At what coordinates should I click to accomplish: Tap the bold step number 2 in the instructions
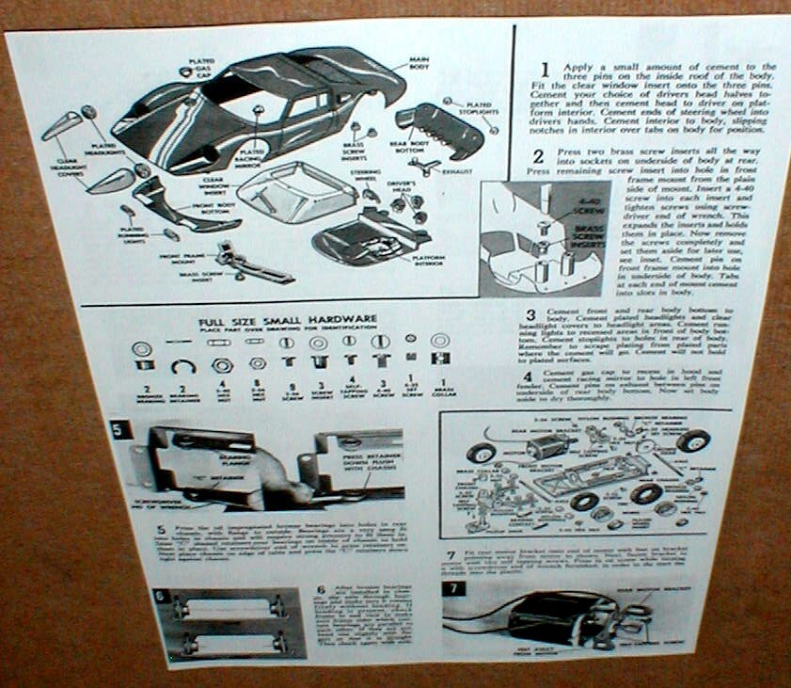click(x=538, y=156)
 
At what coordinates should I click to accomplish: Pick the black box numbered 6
click(x=160, y=596)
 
